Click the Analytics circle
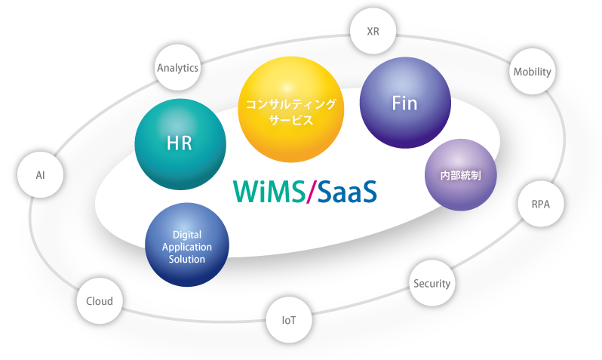point(178,68)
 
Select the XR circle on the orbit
point(373,32)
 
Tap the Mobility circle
point(533,72)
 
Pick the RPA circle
point(540,204)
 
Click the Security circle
point(432,284)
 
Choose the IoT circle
point(288,320)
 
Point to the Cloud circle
point(99,301)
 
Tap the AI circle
point(40,175)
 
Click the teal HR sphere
point(180,143)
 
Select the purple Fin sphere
point(404,103)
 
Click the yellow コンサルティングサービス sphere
point(290,109)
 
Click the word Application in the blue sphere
point(188,247)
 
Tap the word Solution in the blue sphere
point(188,259)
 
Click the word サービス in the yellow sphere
point(290,121)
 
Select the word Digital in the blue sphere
point(188,235)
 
